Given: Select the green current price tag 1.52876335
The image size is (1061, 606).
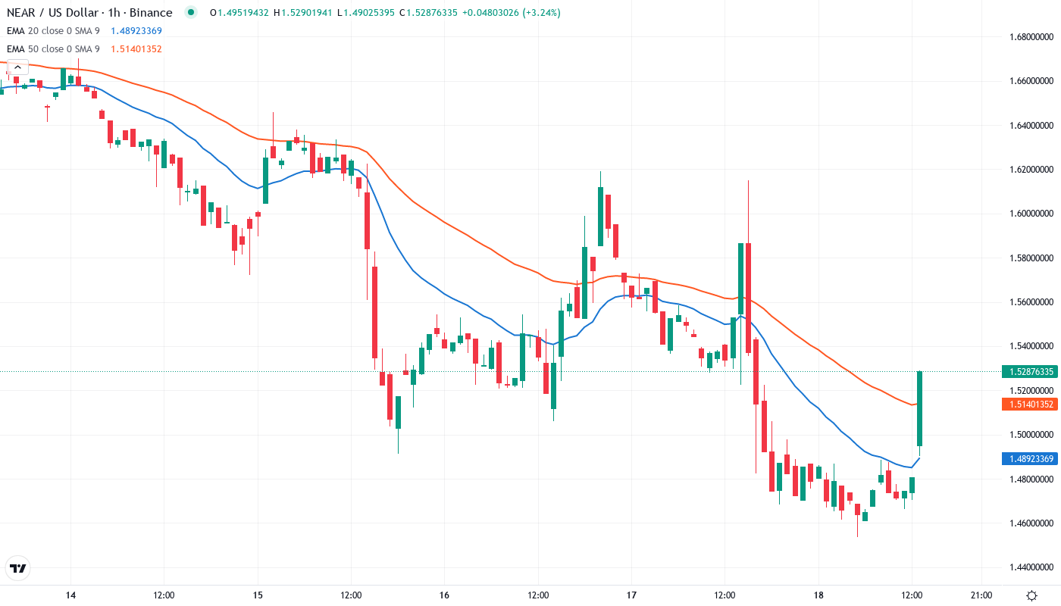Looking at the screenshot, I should tap(1028, 371).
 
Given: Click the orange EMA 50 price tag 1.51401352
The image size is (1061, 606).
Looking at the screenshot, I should tap(1028, 405).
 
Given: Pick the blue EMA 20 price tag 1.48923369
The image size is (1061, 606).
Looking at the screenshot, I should tap(1028, 458).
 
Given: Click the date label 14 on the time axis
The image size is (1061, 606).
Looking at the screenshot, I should tap(70, 595).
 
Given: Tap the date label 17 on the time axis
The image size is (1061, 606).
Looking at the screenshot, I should tap(631, 595).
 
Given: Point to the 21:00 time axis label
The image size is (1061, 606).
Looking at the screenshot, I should tap(981, 595).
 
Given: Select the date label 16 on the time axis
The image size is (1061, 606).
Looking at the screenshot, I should tap(444, 595).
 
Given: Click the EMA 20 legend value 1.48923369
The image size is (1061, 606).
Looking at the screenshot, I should tap(136, 31).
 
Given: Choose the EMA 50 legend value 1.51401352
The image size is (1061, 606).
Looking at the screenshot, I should tap(136, 49).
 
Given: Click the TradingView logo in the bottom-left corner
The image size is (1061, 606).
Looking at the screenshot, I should tap(17, 568).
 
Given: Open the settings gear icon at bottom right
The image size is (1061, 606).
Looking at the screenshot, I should tap(1031, 595).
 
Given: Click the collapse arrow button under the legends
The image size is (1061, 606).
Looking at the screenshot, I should tap(17, 67).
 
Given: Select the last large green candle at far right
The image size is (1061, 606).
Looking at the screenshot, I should tap(919, 408).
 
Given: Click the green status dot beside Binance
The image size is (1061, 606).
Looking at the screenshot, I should tap(191, 12).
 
